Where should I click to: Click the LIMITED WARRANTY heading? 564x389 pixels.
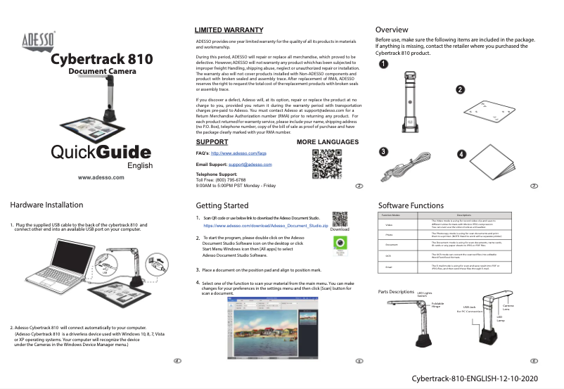pos(229,30)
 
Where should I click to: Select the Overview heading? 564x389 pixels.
pos(392,30)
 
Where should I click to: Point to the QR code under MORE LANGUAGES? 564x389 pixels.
pos(326,165)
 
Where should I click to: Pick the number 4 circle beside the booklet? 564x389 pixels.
pos(461,153)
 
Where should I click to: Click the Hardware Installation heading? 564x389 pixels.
pos(46,205)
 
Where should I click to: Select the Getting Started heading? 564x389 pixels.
pos(222,205)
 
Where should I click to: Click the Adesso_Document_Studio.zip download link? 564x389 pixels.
pos(265,227)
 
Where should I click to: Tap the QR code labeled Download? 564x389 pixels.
pos(339,219)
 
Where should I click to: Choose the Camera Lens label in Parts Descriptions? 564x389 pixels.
pos(508,308)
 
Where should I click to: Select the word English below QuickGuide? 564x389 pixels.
pos(139,166)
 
